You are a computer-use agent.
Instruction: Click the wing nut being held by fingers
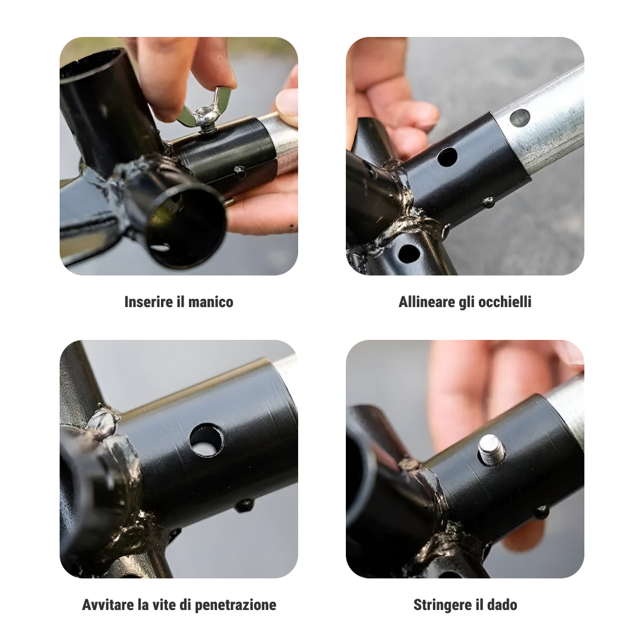(204, 110)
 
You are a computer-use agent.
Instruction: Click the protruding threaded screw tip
(492, 450)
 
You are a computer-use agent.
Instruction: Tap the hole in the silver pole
(519, 118)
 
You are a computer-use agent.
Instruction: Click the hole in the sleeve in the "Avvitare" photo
(206, 440)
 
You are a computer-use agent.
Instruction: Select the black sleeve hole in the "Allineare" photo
(447, 157)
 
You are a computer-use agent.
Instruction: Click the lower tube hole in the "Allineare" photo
(408, 253)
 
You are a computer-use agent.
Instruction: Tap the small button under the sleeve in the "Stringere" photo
(541, 512)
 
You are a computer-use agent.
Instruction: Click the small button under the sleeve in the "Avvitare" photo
(244, 505)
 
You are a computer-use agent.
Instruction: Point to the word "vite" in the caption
(159, 605)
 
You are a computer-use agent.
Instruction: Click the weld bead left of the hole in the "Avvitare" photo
(103, 423)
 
